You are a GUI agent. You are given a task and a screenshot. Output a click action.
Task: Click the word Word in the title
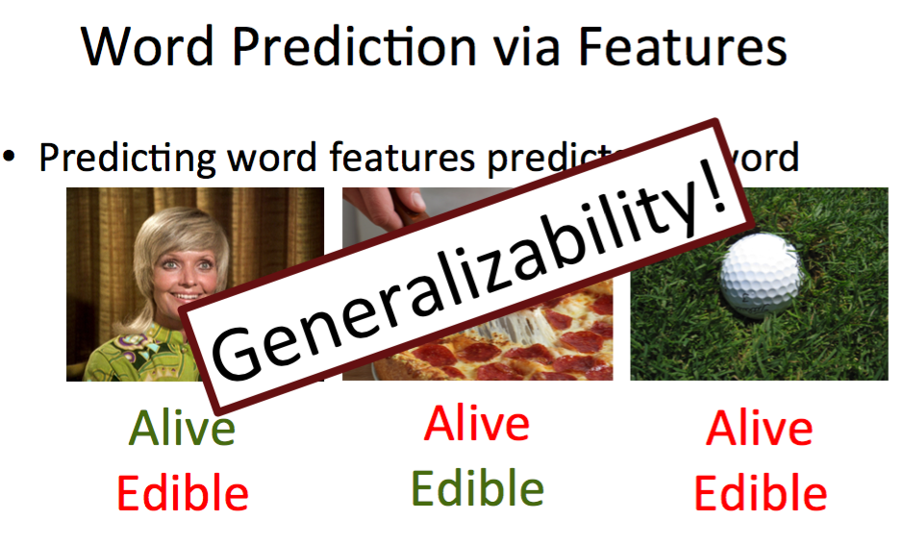(146, 45)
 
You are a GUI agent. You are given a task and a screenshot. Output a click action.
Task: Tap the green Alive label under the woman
(182, 428)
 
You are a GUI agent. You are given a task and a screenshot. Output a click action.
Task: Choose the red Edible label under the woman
(183, 493)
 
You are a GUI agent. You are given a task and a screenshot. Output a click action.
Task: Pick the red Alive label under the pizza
(477, 423)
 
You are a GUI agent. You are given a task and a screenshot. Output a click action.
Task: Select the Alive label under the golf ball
(759, 428)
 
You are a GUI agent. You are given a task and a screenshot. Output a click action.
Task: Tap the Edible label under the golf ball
(760, 493)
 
